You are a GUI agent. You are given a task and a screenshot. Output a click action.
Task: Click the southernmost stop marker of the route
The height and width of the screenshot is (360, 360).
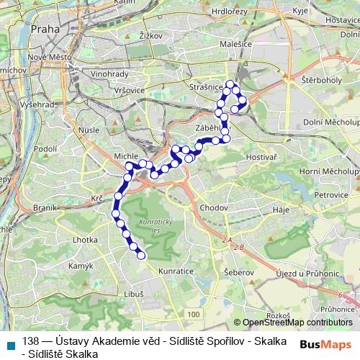[141, 255]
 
